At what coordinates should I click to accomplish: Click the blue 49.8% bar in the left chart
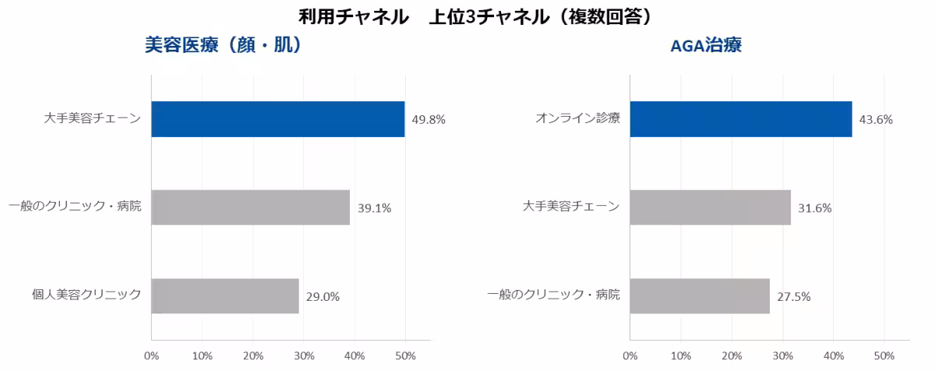278,119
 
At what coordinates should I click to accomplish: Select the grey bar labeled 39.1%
250,207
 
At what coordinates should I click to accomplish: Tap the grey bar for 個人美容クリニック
225,296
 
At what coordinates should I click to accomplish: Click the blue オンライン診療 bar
741,119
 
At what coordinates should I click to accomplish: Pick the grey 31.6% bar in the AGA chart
711,207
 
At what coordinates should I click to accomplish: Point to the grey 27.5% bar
700,296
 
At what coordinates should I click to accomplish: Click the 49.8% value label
429,120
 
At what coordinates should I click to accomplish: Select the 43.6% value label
876,120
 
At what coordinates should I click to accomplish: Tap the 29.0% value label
323,297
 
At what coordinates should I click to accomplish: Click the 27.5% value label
793,297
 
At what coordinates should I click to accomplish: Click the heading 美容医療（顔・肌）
223,45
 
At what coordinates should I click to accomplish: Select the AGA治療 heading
706,45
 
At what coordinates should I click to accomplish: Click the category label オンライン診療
577,118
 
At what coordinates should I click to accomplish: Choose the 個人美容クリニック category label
86,295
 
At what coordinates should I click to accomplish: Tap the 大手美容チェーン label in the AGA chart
571,207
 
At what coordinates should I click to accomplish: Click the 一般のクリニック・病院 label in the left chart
75,207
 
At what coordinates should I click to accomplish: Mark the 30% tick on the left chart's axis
304,356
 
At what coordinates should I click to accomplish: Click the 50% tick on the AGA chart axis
884,356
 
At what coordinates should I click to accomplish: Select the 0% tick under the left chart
151,356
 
